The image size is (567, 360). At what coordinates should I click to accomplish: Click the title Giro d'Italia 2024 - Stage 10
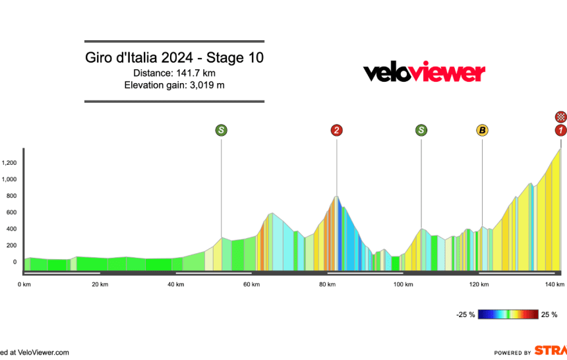pos(174,58)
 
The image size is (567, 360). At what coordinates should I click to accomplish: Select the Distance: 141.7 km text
pos(174,73)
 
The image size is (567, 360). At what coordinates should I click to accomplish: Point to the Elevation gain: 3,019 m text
pos(174,85)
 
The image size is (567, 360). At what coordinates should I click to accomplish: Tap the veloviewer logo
pos(424,73)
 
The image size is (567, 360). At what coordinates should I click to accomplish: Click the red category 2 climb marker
pos(336,131)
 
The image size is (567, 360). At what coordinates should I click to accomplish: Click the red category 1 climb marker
pos(560,131)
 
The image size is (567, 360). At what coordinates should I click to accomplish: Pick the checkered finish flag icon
pos(560,117)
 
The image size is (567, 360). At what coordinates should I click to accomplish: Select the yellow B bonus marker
pos(482,131)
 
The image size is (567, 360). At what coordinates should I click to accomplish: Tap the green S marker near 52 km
pos(221,131)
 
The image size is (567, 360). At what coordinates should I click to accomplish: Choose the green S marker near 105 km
pos(421,131)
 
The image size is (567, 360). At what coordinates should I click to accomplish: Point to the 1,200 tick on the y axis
pos(9,163)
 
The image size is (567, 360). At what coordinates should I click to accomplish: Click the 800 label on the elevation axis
pos(11,196)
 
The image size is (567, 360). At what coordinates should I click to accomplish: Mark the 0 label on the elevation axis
pos(15,262)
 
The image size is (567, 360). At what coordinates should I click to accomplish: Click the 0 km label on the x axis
pos(24,284)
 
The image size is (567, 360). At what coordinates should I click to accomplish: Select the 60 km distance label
pos(251,284)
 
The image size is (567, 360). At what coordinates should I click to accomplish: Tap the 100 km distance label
pos(403,284)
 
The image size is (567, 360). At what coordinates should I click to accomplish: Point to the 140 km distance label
pos(554,284)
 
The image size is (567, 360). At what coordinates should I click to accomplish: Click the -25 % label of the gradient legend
pos(465,315)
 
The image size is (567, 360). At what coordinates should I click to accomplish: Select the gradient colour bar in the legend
pos(507,315)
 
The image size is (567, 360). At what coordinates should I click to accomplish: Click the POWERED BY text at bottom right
pos(513,353)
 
